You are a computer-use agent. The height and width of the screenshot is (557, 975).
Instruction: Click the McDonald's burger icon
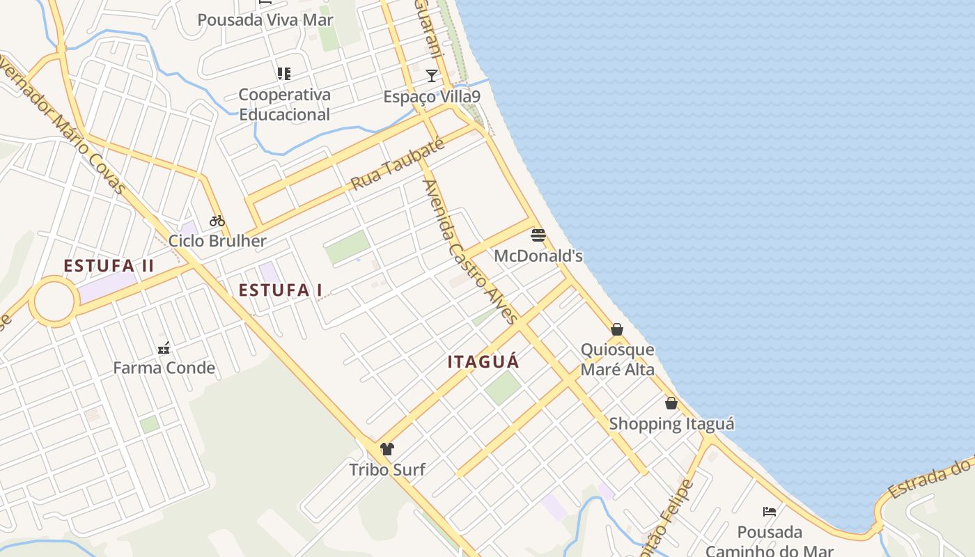(x=538, y=235)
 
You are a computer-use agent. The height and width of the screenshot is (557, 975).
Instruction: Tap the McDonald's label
(x=538, y=256)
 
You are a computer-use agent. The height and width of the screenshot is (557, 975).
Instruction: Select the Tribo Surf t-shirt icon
(x=387, y=448)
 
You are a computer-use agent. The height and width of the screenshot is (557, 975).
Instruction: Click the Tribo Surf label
(x=387, y=469)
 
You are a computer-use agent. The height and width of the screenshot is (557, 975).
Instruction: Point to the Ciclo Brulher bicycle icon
(x=217, y=221)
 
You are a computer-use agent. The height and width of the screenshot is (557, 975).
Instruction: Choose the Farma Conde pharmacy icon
(x=164, y=347)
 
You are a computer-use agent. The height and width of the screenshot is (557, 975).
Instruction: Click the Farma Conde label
(x=164, y=368)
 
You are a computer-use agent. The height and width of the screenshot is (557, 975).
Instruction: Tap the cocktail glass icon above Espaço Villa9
(x=432, y=75)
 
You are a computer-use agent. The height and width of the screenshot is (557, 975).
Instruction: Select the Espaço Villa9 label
(x=432, y=96)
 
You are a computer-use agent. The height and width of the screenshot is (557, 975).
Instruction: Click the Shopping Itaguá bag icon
(x=671, y=402)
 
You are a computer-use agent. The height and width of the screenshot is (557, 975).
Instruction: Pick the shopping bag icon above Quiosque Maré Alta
(x=617, y=329)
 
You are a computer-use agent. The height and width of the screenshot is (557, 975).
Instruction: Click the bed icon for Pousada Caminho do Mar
(x=770, y=512)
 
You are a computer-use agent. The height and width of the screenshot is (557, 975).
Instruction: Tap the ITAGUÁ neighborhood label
(x=483, y=362)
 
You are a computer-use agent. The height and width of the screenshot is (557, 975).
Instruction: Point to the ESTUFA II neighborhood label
(x=109, y=266)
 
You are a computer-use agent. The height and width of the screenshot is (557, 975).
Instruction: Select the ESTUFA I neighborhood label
(x=281, y=290)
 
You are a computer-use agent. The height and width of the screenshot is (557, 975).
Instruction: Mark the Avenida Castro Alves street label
(x=471, y=252)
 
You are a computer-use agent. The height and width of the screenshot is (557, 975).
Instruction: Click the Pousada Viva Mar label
(x=265, y=19)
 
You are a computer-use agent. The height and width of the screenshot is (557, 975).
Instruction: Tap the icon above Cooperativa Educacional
(x=283, y=73)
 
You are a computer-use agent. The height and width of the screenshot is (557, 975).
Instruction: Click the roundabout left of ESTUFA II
(x=54, y=301)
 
